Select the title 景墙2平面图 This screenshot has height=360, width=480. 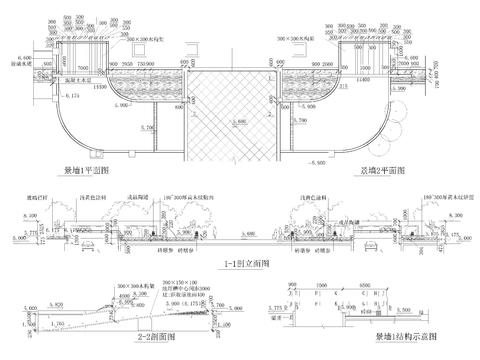pyautogui.click(x=381, y=172)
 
